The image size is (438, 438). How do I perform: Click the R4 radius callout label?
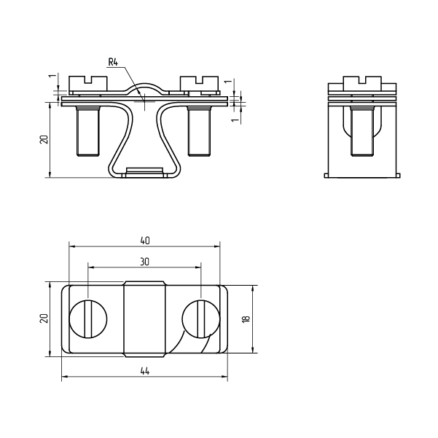tap(113, 62)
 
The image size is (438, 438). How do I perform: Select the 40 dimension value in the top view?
tap(145, 240)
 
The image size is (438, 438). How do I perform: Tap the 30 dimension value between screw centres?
tap(145, 262)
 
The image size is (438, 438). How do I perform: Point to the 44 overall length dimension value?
tap(145, 371)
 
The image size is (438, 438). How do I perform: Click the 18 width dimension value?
tap(246, 318)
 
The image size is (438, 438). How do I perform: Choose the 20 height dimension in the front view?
tap(44, 139)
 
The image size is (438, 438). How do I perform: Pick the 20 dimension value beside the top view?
tap(44, 318)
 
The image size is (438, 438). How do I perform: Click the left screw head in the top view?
tap(88, 319)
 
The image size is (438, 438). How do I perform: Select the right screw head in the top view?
tap(201, 319)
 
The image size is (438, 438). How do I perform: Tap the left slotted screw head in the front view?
tap(88, 84)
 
